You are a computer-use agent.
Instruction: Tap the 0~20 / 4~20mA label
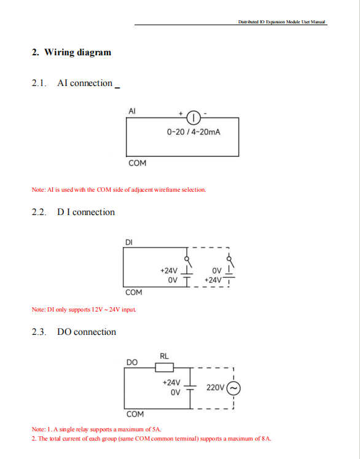point(194,132)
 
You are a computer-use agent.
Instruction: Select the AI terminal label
point(132,111)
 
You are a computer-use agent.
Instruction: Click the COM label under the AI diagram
point(137,163)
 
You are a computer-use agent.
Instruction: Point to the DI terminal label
point(129,242)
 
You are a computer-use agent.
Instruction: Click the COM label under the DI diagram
point(134,292)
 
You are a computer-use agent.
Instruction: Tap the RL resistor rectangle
point(164,367)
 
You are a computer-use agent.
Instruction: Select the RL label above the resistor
point(164,356)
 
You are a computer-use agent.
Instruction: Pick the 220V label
point(215,388)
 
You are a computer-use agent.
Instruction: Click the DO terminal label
point(132,363)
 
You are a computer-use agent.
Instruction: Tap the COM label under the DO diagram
point(135,414)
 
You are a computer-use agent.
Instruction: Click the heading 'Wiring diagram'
point(77,52)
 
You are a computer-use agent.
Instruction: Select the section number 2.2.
point(39,212)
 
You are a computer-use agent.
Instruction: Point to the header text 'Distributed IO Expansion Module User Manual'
point(281,22)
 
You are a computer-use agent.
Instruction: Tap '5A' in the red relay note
point(157,430)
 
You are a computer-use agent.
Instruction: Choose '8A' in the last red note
point(267,439)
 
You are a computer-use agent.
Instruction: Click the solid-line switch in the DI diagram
point(188,261)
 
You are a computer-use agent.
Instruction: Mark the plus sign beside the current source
point(181,113)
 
